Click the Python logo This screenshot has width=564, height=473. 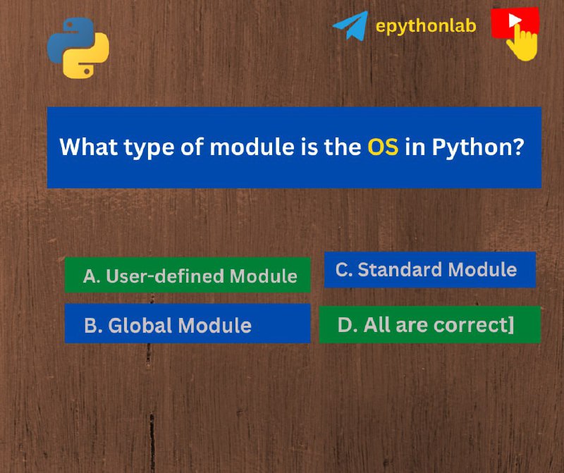pos(78,48)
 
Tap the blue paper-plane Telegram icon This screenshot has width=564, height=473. pos(350,25)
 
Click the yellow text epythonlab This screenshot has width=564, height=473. pos(426,26)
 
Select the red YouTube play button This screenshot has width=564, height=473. pos(515,22)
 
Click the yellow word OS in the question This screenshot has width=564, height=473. pos(383,147)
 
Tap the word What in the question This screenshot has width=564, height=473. pos(89,147)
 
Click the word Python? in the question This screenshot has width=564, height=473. pos(479,147)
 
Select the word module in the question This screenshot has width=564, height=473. pos(252,147)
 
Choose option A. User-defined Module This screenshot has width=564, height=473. pos(188,275)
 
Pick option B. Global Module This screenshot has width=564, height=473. pos(188,324)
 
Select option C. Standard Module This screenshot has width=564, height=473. pos(430,270)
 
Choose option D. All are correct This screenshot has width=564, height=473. pos(430,324)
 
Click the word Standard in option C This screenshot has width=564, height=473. pos(400,269)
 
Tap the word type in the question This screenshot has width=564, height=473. pos(149,148)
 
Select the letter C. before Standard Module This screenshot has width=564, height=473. pos(344,270)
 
